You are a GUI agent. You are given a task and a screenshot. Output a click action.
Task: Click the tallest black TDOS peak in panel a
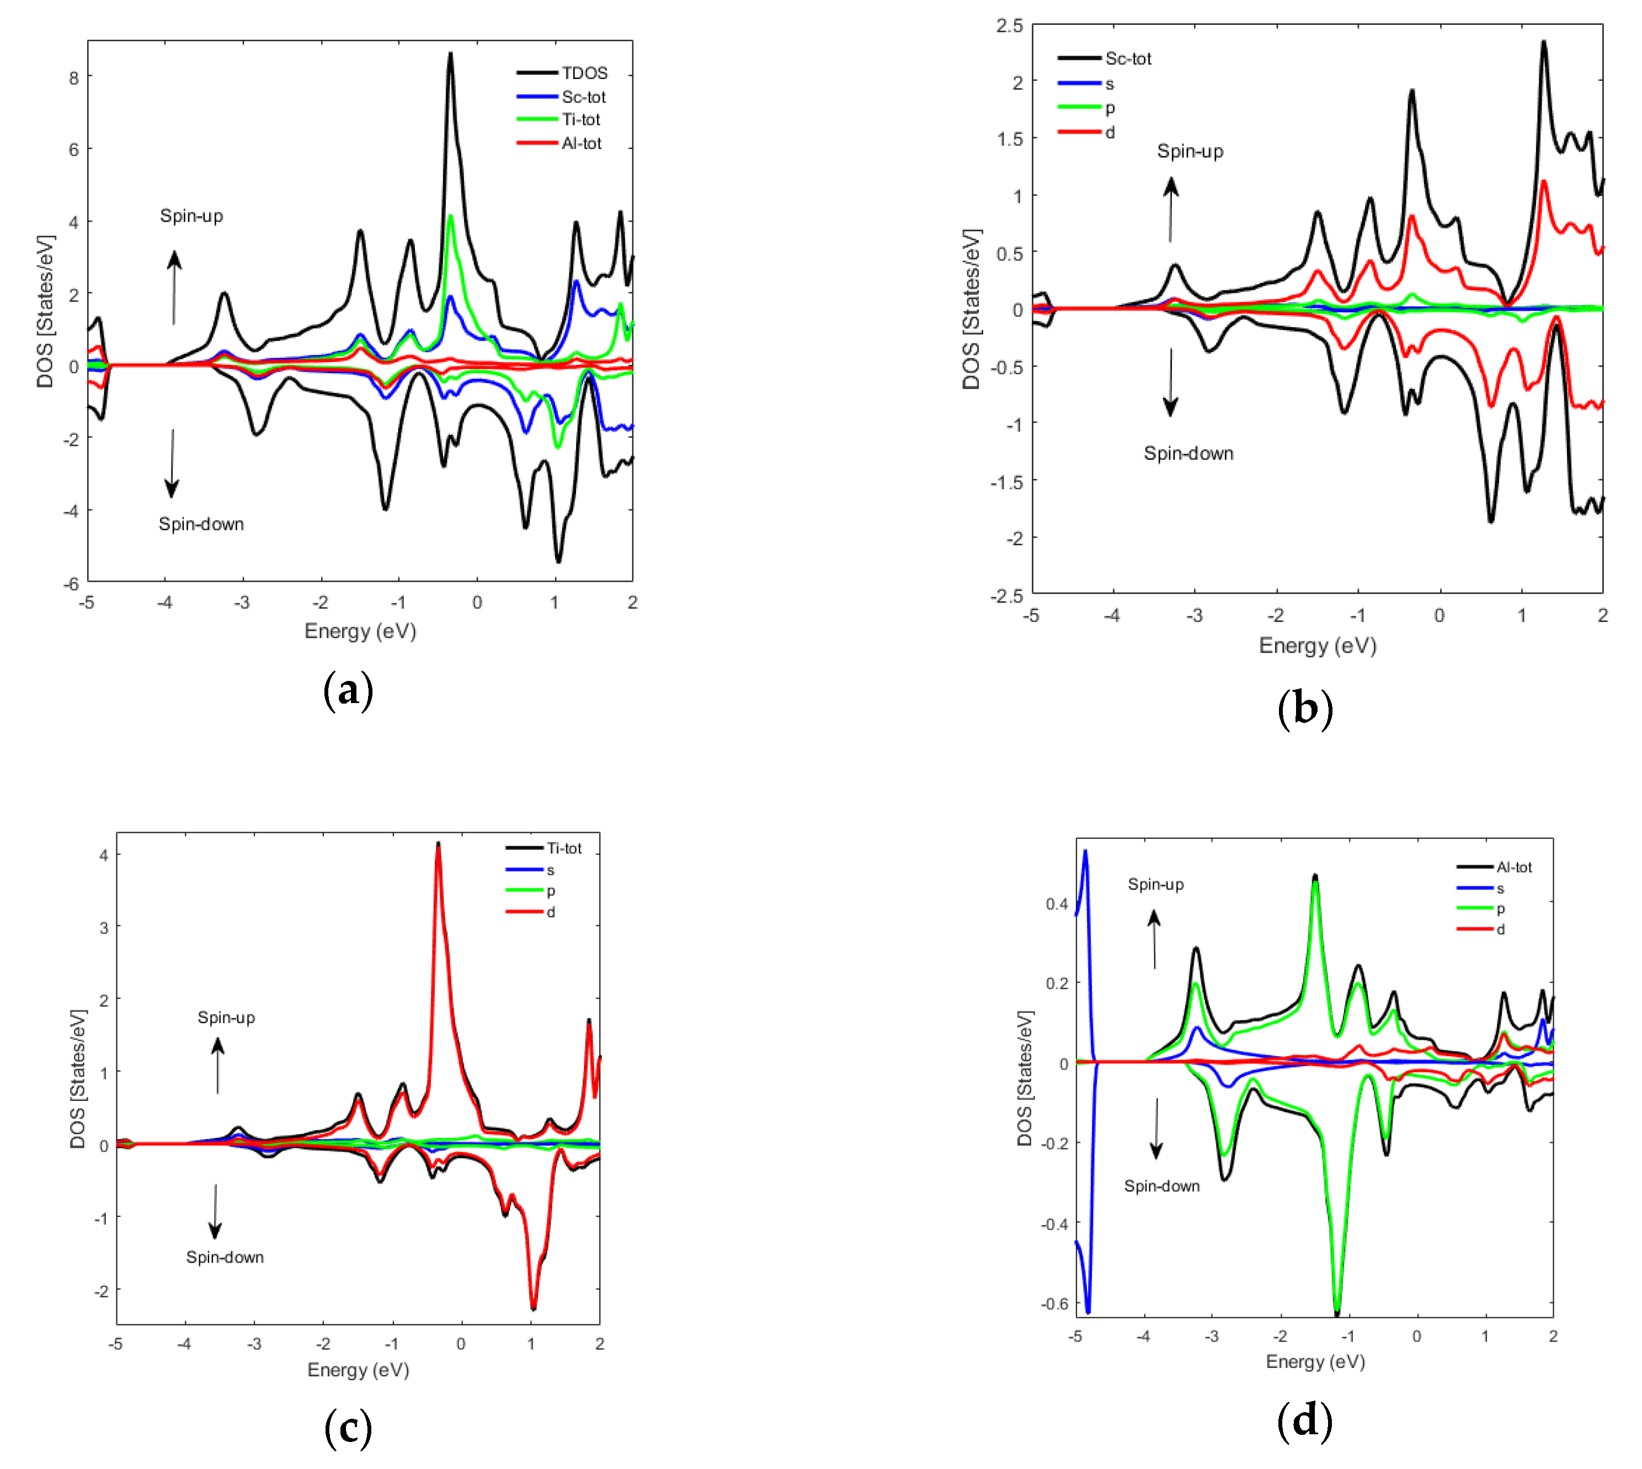[x=450, y=55]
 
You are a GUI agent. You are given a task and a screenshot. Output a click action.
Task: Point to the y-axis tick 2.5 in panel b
[x=1009, y=26]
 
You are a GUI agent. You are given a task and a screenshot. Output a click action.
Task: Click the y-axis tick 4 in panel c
[x=103, y=855]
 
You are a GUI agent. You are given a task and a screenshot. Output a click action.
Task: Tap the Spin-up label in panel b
[x=1190, y=152]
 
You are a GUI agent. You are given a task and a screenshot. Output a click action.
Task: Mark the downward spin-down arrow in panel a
[x=172, y=464]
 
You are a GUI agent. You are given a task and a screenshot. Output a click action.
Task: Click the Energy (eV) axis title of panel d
[x=1315, y=1361]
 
